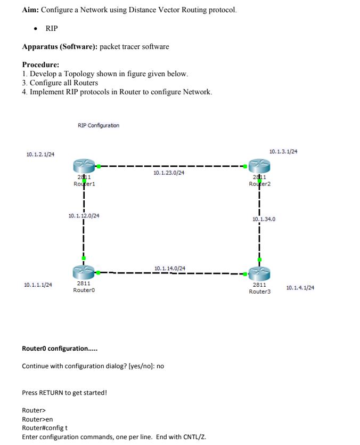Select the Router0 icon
[84, 273]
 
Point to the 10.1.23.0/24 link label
[168, 173]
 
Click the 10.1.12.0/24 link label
[84, 216]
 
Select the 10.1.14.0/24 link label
[170, 268]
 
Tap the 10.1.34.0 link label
[264, 219]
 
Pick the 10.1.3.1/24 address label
[283, 152]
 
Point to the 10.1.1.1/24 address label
[38, 285]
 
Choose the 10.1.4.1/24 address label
[300, 288]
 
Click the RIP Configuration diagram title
[99, 126]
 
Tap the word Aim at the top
[30, 10]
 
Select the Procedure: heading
[40, 65]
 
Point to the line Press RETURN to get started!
[64, 393]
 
